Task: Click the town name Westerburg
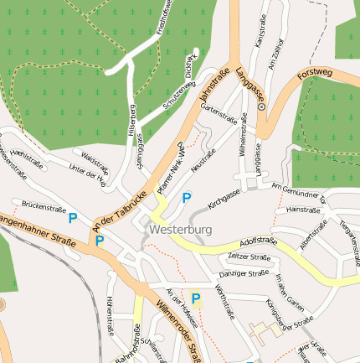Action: pyautogui.click(x=180, y=228)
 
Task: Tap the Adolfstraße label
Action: pyautogui.click(x=258, y=240)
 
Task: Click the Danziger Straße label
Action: pyautogui.click(x=243, y=273)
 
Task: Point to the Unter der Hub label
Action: pyautogui.click(x=88, y=172)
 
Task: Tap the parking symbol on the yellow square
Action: pyautogui.click(x=196, y=298)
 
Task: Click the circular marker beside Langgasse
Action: pyautogui.click(x=261, y=107)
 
